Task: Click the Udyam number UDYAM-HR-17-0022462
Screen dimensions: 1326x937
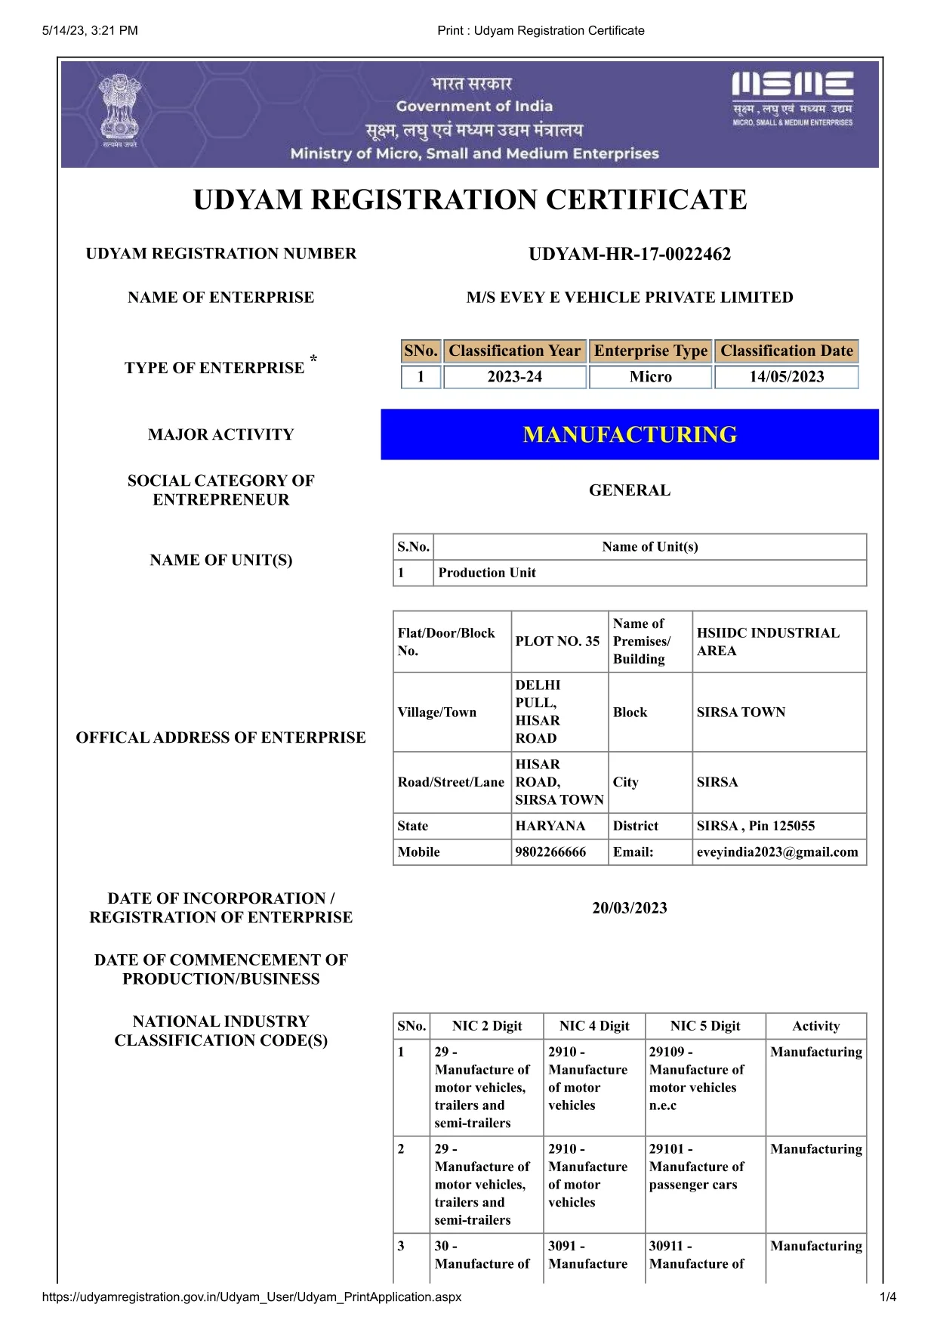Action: click(630, 254)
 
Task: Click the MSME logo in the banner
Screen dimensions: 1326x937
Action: click(792, 98)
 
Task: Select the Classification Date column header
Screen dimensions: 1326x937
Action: click(786, 351)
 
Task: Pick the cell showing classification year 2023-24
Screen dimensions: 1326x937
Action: click(514, 376)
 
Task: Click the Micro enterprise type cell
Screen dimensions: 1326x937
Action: click(650, 376)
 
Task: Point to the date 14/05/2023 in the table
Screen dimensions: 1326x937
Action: click(786, 376)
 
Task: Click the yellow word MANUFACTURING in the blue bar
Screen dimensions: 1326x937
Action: click(630, 434)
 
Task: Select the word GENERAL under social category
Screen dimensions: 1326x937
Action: click(630, 490)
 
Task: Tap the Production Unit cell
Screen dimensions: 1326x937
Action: click(487, 573)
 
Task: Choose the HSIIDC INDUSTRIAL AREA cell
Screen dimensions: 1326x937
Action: click(768, 641)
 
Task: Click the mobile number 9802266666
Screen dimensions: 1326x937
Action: click(550, 852)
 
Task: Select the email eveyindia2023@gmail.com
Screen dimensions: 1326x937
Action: click(777, 852)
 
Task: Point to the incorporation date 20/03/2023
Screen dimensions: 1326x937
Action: click(630, 908)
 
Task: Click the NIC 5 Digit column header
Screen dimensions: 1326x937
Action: click(705, 1026)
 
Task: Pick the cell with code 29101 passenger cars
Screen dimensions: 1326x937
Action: click(696, 1167)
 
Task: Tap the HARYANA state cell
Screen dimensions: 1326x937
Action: click(550, 826)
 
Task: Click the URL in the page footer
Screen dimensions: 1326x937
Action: click(251, 1297)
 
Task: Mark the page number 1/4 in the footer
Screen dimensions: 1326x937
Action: click(888, 1297)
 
